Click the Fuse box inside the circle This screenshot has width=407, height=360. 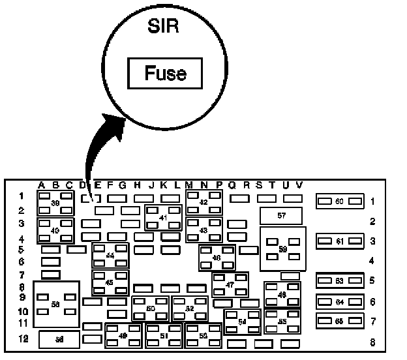[x=165, y=72]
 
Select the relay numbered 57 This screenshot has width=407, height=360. [x=281, y=215]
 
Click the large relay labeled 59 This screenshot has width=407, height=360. [x=282, y=248]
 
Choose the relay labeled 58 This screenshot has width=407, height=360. [x=56, y=304]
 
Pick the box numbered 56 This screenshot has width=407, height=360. [x=59, y=339]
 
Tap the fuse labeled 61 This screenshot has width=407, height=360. [x=339, y=241]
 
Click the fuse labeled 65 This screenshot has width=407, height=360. [x=339, y=322]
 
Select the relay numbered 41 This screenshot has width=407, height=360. [x=164, y=217]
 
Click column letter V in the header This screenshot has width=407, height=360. [x=299, y=185]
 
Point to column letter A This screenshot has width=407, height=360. [x=42, y=185]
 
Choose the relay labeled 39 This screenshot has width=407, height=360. [x=55, y=203]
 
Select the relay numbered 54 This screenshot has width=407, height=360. [x=243, y=322]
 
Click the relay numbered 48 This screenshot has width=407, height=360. [x=282, y=295]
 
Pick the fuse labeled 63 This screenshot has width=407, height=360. [x=339, y=281]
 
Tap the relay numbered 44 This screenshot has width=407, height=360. [x=110, y=256]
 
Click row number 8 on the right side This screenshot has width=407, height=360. [x=372, y=342]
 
